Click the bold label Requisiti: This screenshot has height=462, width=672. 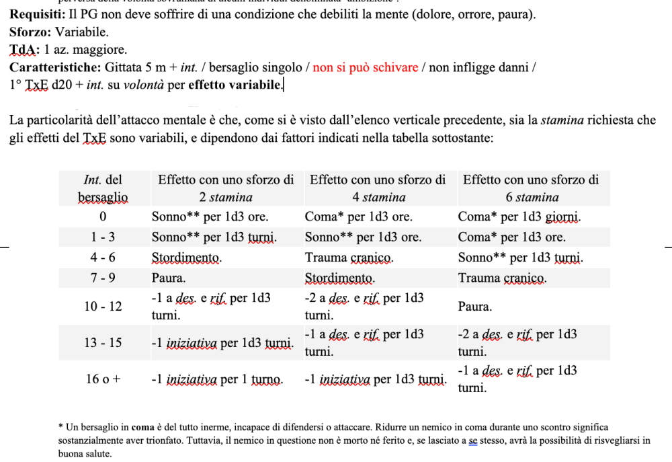[x=38, y=15]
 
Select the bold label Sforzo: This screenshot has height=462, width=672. [x=30, y=32]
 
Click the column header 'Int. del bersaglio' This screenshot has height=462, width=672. [x=103, y=188]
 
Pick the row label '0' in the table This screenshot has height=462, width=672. [x=103, y=217]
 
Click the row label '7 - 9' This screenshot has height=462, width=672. [x=103, y=278]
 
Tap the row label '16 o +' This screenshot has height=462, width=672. [x=103, y=379]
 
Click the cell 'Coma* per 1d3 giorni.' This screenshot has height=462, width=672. [x=519, y=217]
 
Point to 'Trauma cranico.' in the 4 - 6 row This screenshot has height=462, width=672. [x=349, y=258]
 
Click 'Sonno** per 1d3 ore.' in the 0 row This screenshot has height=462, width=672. [x=210, y=217]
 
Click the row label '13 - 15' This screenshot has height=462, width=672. [x=103, y=343]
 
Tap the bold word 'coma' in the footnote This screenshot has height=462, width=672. [x=142, y=427]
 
